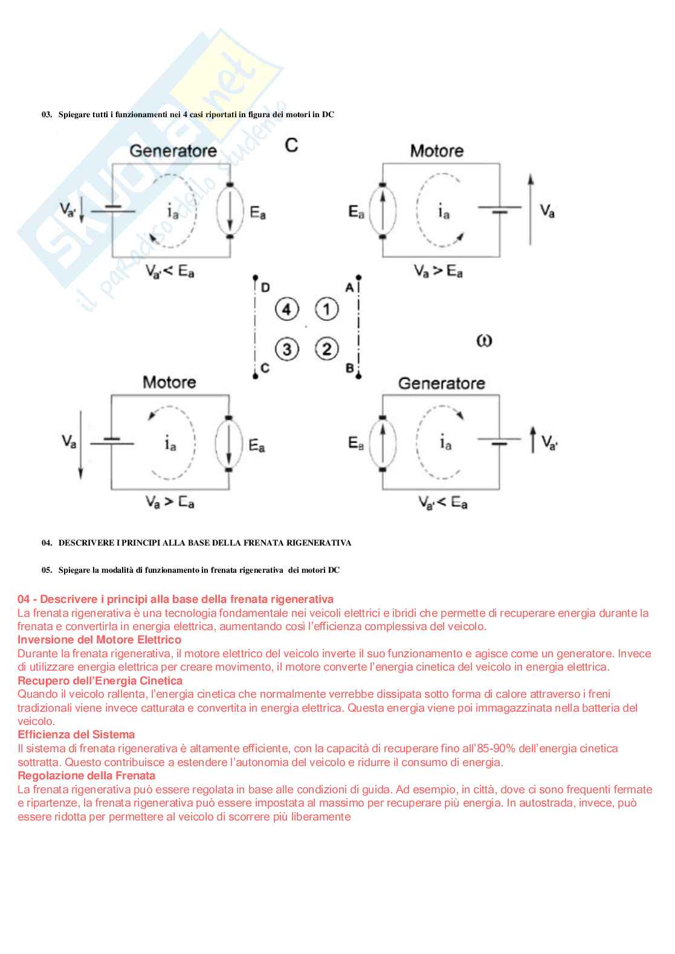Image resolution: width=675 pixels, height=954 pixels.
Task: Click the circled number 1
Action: [327, 309]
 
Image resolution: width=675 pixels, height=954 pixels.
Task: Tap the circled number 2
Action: [327, 349]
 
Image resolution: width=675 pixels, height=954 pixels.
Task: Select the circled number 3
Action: [287, 349]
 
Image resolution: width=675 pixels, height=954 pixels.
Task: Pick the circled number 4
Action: [287, 309]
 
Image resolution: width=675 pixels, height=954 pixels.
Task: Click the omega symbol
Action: [484, 341]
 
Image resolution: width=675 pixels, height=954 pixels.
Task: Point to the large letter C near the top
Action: [291, 145]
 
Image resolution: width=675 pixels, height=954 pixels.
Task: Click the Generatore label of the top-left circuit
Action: [173, 150]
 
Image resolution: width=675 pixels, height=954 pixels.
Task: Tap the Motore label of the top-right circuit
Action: [436, 150]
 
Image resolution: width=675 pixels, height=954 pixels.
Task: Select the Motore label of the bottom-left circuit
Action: [169, 382]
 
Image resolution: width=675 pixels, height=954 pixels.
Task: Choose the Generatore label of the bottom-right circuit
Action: [441, 383]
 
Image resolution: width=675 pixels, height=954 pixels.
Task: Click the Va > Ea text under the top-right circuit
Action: [438, 271]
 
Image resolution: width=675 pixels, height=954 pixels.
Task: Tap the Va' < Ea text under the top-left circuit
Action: [170, 272]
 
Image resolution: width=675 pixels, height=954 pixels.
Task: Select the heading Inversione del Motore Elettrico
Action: [99, 640]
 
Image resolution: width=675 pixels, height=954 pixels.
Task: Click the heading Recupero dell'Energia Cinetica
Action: [100, 681]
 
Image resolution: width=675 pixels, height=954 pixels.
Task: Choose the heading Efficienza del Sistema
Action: [76, 735]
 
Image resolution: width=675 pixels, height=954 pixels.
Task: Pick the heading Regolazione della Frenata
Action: [86, 776]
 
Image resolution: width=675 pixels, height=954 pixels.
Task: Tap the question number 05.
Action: [47, 570]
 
